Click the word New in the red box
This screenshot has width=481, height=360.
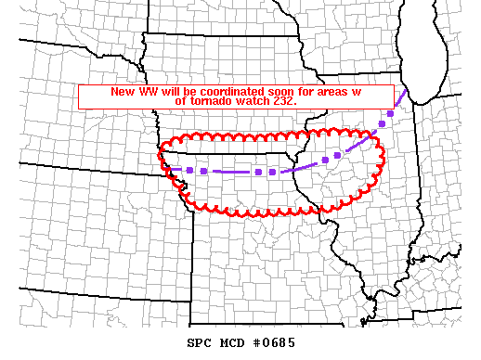[123, 92]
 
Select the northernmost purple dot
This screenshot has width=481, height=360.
[391, 112]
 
